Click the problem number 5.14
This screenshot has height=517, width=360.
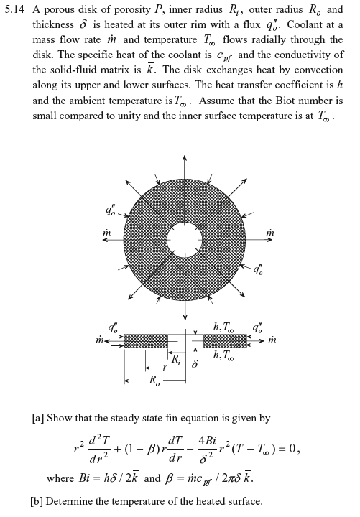pos(15,10)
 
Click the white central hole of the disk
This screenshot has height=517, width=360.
pos(185,243)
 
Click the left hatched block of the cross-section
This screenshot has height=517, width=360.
pos(146,340)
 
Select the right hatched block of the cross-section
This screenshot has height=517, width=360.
pos(224,340)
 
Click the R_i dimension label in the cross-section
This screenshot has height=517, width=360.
pos(175,358)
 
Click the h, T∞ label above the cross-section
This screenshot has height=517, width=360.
pos(223,327)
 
